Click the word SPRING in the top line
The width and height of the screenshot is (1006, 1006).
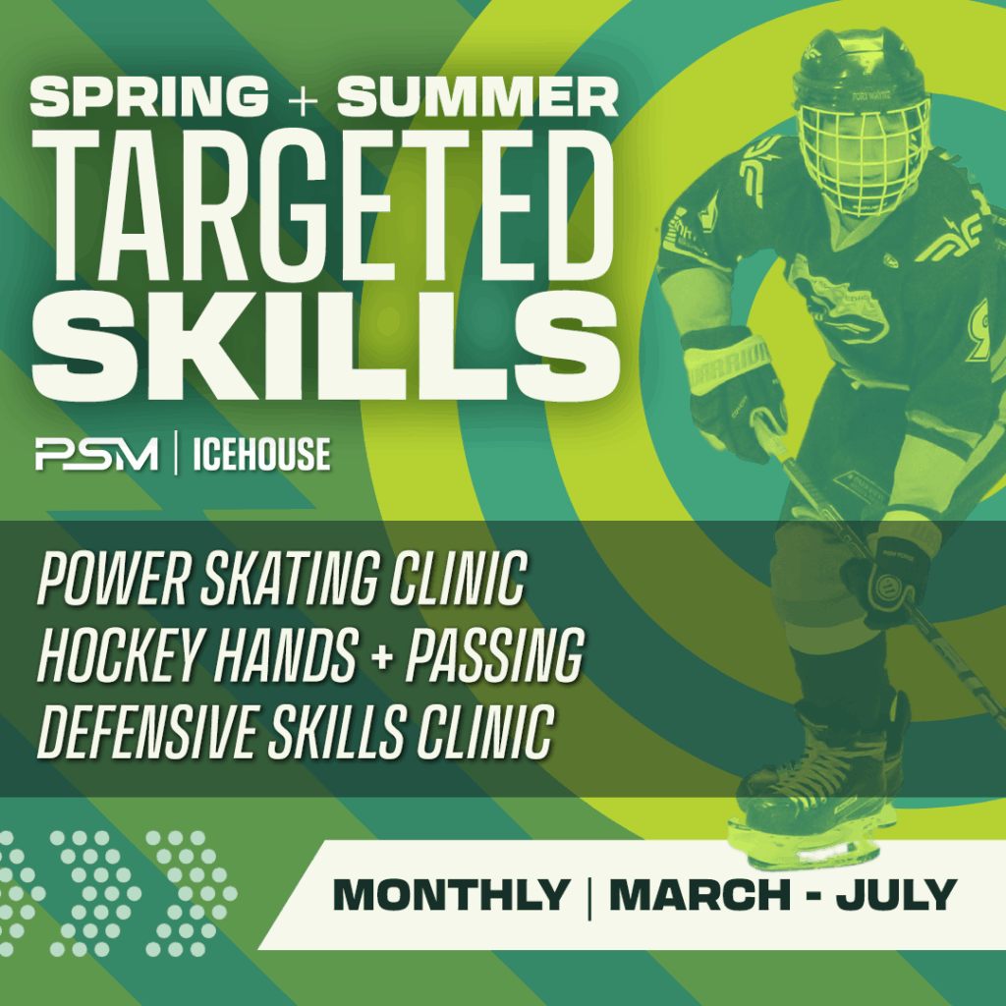148,97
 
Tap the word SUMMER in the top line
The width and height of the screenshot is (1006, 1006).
478,97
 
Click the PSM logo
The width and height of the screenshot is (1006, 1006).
95,455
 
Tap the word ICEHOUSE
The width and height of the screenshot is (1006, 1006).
260,455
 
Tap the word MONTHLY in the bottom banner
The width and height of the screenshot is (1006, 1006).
451,895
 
